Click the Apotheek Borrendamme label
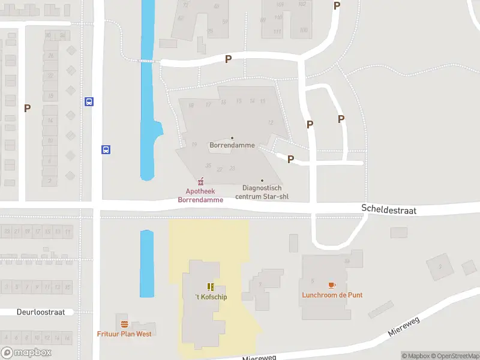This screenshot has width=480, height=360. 200,196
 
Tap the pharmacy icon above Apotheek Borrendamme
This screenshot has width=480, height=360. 201,181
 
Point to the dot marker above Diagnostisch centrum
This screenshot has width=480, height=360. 262,180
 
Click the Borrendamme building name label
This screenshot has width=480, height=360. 232,145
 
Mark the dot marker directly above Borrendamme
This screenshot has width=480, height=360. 232,138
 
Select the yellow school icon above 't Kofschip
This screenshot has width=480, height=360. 211,287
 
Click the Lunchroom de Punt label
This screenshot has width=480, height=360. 332,295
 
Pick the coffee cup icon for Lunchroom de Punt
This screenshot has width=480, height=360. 332,285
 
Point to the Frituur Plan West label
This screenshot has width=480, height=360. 124,334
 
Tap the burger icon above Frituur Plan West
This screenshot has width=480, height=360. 124,324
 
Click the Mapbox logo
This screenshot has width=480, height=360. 26,353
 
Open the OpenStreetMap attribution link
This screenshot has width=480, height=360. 454,356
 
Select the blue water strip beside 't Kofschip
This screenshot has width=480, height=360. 147,263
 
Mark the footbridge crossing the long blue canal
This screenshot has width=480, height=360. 148,61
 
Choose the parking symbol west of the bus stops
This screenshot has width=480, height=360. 27,108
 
